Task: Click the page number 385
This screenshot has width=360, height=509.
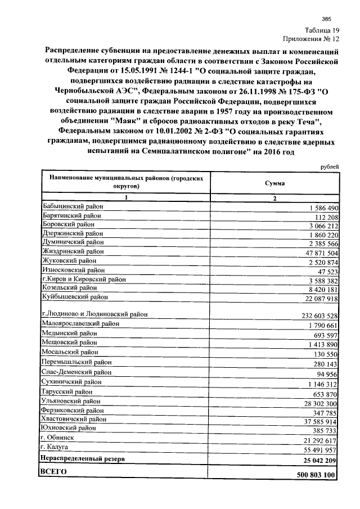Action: pyautogui.click(x=326, y=19)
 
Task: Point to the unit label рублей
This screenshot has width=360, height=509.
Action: pyautogui.click(x=329, y=167)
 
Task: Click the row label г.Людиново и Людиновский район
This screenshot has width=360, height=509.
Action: pyautogui.click(x=98, y=314)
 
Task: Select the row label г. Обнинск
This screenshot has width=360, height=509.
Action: pyautogui.click(x=59, y=436)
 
